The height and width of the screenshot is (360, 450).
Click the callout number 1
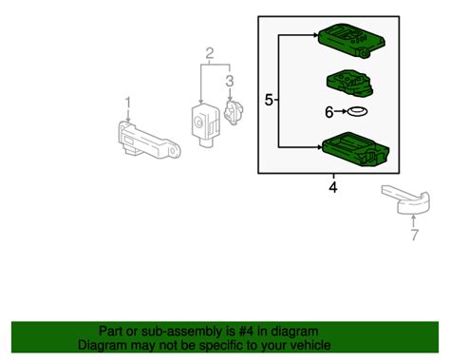tap(128, 103)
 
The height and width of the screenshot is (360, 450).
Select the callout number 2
tap(210, 53)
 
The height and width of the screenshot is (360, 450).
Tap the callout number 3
tap(230, 81)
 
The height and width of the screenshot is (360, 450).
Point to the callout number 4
tap(333, 187)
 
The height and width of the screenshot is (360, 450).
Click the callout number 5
tap(269, 101)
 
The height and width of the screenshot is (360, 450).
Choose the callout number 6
tap(329, 112)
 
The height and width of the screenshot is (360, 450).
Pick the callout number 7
tap(415, 235)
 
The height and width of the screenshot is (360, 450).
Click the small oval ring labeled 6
tap(358, 111)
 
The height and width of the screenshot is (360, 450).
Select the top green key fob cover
tap(352, 40)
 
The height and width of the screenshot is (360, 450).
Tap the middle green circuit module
tap(349, 82)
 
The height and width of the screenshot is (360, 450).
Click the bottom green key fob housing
tap(356, 149)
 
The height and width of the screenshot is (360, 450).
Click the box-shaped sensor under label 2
tap(205, 124)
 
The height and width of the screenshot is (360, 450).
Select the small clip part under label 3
tap(234, 112)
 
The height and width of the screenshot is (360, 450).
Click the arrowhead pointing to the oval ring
tap(345, 111)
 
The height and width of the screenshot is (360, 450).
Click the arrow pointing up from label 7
tap(413, 221)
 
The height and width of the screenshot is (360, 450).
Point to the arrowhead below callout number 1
tap(128, 119)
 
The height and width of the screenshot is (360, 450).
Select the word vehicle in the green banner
tap(309, 345)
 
